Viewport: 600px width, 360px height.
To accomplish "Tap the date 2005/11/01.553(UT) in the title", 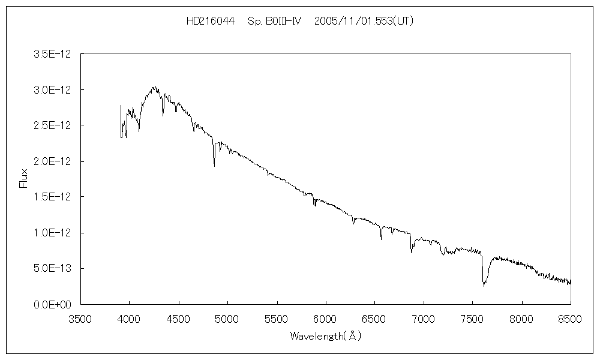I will tap(364, 21).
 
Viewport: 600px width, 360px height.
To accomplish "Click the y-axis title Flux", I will tap(24, 178).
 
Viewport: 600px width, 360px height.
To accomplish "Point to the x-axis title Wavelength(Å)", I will tap(325, 336).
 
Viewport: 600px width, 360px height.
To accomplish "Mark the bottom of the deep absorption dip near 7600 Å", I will tap(484, 286).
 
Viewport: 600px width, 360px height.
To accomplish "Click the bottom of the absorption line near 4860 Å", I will tap(214, 166).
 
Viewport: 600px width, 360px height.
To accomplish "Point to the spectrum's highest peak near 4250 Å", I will tap(154, 87).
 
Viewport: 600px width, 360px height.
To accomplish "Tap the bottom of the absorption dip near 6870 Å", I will tap(411, 252).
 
